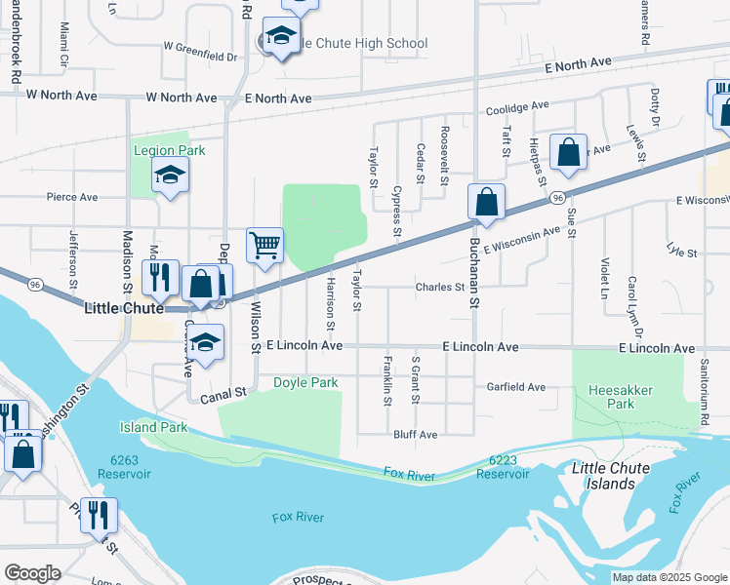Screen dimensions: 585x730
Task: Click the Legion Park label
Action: [170, 150]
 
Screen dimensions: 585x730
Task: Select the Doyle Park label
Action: [305, 382]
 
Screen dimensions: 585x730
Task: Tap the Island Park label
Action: [152, 427]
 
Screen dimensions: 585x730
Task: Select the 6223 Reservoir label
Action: [503, 466]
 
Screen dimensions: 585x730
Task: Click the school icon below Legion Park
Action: [170, 175]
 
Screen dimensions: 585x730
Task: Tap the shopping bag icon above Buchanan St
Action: [486, 202]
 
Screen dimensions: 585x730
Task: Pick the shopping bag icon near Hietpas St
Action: [568, 152]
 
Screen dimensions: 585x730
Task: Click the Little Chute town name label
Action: [123, 307]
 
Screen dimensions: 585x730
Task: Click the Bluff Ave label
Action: [416, 434]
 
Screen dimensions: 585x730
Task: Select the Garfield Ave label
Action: [516, 387]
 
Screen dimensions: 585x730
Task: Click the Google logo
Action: [32, 573]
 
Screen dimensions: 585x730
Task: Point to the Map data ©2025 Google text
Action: [669, 577]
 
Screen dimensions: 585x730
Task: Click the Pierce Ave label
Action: [72, 196]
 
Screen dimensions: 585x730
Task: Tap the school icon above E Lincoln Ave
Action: [205, 342]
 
